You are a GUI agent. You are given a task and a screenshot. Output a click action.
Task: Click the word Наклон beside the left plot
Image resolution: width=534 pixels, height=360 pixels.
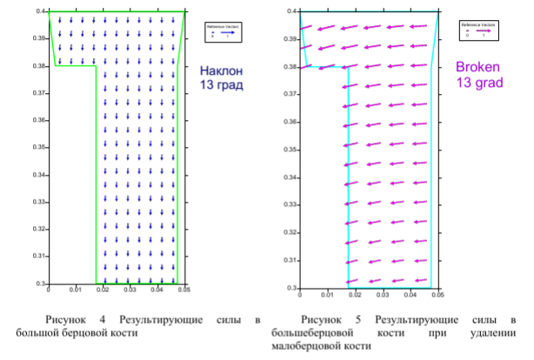pos(219,71)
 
